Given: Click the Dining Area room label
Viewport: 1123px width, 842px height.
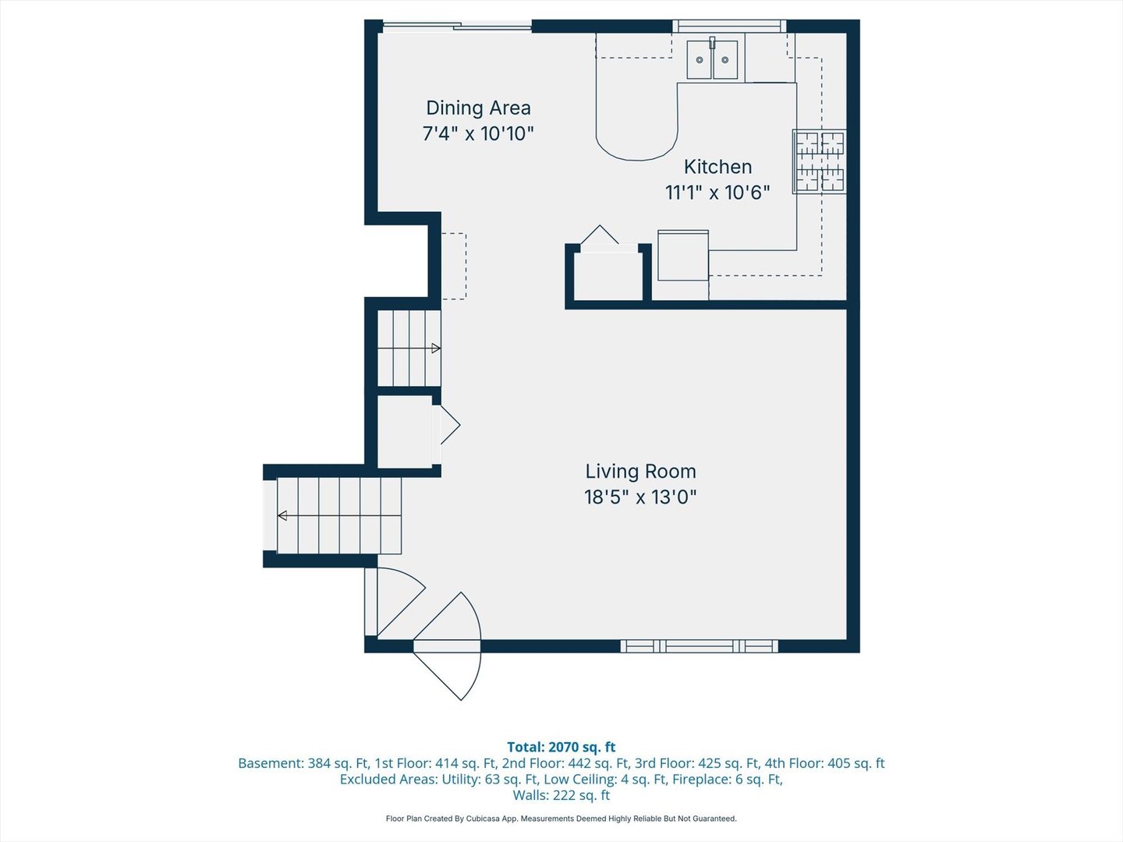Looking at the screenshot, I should click(478, 108).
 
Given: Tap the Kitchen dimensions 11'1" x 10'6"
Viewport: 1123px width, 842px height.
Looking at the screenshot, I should click(717, 193).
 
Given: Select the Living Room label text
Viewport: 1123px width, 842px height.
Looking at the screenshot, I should click(640, 472).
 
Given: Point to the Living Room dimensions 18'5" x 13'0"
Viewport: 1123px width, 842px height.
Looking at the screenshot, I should click(640, 497).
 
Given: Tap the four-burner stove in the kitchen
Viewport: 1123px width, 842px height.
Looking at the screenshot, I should click(820, 161).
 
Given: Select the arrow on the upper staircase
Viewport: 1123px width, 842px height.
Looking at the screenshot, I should click(436, 348).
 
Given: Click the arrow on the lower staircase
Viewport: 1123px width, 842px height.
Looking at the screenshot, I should click(282, 515).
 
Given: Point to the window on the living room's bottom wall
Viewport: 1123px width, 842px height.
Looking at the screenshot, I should click(699, 646).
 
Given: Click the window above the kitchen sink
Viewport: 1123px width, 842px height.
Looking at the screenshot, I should click(729, 27).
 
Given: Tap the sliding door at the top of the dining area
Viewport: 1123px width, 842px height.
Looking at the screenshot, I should click(456, 27).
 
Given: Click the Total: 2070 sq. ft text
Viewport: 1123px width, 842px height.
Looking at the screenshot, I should click(561, 747).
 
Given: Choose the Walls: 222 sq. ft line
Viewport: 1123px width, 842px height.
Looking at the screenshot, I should click(561, 795).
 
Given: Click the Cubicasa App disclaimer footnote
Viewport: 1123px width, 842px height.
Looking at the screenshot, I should click(561, 819).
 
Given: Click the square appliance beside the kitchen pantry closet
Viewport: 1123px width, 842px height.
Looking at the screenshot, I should click(683, 255).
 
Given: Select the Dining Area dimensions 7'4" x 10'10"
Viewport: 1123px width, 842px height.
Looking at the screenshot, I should click(478, 133).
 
